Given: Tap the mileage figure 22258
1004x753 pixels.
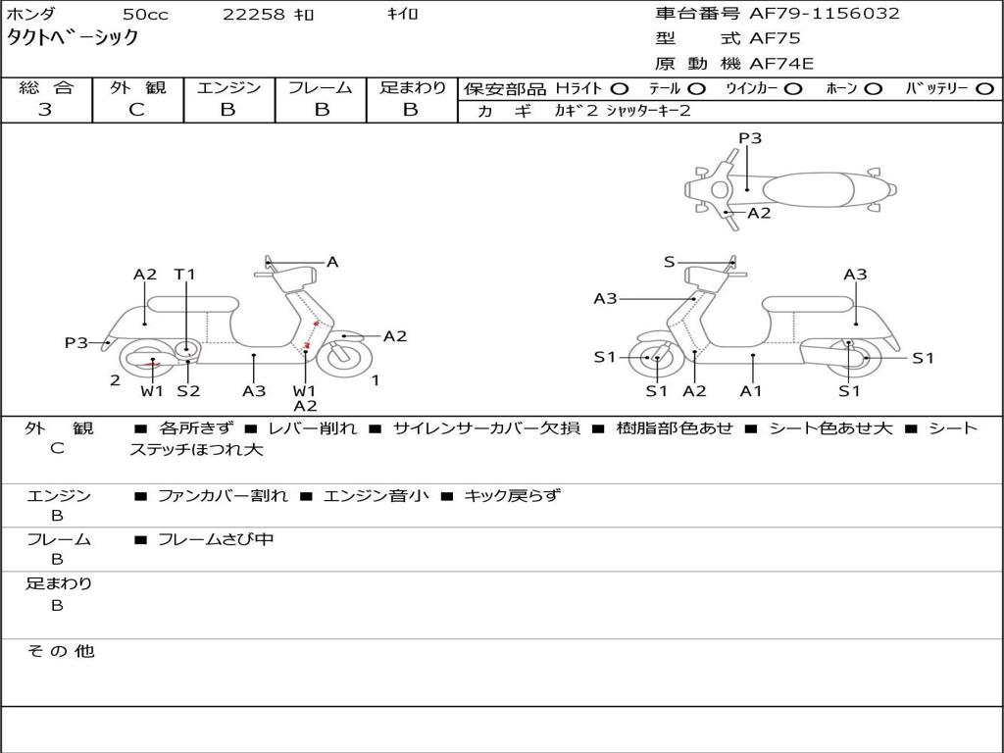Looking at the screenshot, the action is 252,15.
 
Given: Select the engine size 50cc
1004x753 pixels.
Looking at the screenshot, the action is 144,15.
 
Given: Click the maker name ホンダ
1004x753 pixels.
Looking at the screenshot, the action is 31,15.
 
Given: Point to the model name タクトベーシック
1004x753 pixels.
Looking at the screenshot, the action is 73,38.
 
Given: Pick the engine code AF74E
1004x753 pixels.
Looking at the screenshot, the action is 781,65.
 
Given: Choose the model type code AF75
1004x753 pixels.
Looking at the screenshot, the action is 775,39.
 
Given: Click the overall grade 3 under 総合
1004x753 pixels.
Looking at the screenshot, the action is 45,110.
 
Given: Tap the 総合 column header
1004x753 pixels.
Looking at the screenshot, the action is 46,87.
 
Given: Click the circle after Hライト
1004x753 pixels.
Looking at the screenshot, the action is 620,88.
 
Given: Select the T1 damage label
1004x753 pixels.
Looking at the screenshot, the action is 184,275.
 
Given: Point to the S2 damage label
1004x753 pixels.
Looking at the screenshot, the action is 187,391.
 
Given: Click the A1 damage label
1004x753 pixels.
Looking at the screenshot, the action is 751,391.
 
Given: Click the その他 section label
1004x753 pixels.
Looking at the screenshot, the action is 60,650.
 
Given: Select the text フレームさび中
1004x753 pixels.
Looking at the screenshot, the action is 216,539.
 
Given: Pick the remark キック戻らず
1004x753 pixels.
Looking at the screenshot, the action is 511,495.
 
